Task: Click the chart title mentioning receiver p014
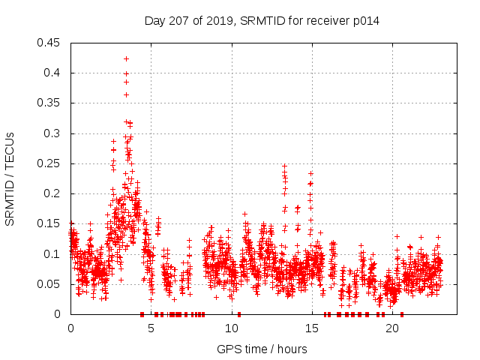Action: click(x=262, y=21)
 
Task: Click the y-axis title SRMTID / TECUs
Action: click(x=10, y=178)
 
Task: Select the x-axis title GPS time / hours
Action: click(x=262, y=349)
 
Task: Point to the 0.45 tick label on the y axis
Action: click(x=49, y=43)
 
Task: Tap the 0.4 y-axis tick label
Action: click(x=54, y=73)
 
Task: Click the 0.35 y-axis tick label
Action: click(x=49, y=103)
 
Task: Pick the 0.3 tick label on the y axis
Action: click(x=54, y=133)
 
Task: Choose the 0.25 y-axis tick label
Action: click(x=49, y=163)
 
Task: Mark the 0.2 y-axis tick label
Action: click(x=54, y=193)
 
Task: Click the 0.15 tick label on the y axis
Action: click(x=49, y=223)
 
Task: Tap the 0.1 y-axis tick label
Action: click(x=54, y=254)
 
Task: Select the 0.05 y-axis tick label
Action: click(x=49, y=284)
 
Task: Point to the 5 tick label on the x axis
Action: click(x=151, y=328)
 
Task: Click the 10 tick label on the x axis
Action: click(x=231, y=328)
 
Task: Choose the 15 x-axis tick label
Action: click(x=311, y=328)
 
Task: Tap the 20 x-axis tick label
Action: click(x=391, y=328)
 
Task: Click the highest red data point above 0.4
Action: click(x=126, y=58)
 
